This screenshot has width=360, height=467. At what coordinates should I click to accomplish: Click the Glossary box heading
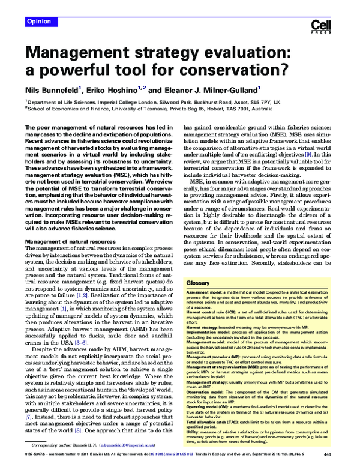pyautogui.click(x=198, y=282)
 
